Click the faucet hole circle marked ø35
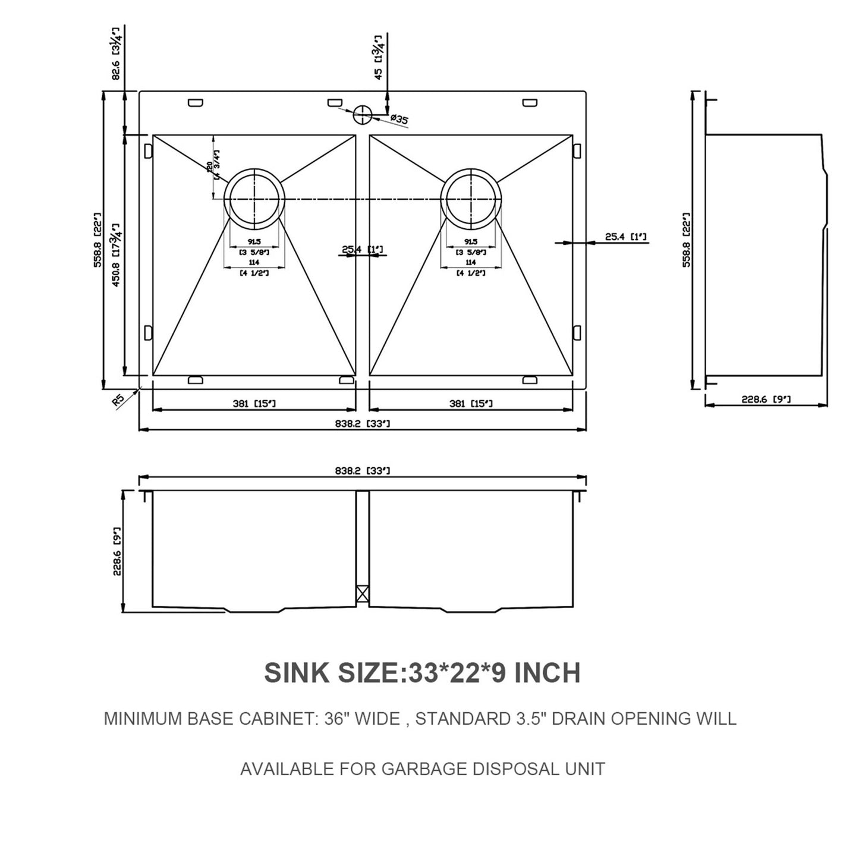click(x=361, y=115)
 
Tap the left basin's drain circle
click(x=254, y=199)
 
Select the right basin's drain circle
click(x=471, y=199)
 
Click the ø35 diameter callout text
click(x=399, y=120)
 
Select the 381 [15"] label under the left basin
click(x=254, y=404)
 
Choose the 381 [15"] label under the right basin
click(x=471, y=404)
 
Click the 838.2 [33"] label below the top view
click(x=362, y=423)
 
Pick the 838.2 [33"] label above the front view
click(x=362, y=471)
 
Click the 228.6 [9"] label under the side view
click(x=766, y=399)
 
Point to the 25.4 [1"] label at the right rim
click(x=626, y=237)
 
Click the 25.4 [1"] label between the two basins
click(x=362, y=249)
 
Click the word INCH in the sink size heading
click(x=547, y=673)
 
